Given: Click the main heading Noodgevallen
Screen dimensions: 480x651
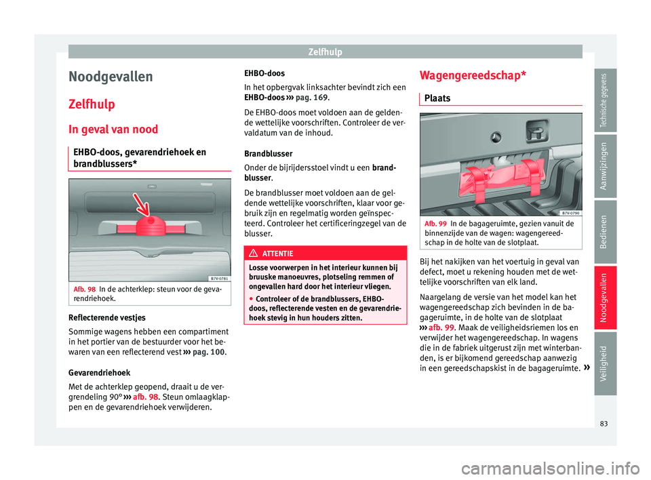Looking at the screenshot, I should (x=111, y=77).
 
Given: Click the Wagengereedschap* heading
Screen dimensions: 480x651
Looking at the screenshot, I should (x=472, y=75).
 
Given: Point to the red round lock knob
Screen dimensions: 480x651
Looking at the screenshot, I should (x=149, y=226).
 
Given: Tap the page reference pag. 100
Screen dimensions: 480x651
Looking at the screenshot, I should (x=209, y=353).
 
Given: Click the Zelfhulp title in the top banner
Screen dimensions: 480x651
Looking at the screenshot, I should (x=325, y=52).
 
